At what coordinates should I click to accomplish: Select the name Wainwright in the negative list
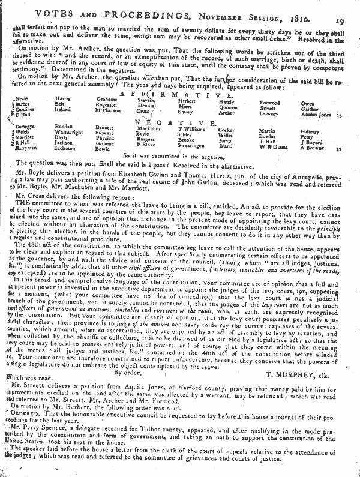(68, 134)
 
